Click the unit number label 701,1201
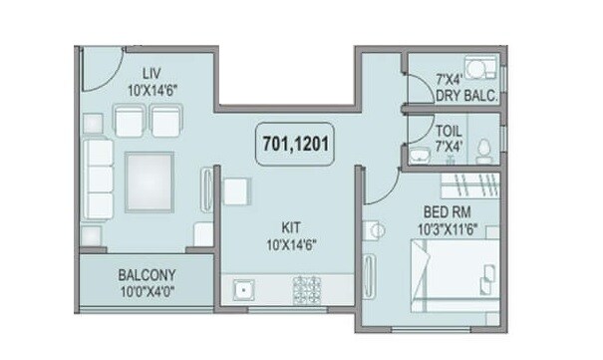point(294,142)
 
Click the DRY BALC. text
point(464,97)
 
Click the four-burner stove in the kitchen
point(305,290)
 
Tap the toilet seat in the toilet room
point(484,150)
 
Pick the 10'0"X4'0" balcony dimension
point(148,292)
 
